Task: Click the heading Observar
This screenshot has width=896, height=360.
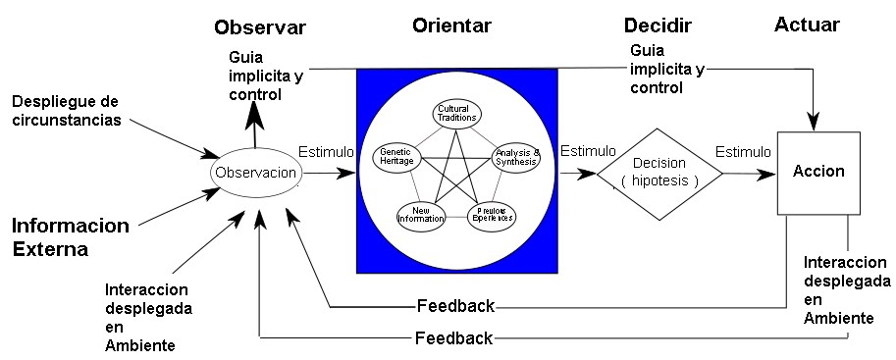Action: (260, 27)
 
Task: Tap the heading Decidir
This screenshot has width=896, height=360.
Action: (658, 26)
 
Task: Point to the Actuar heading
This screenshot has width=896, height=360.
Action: (807, 25)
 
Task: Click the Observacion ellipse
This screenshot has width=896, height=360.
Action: (255, 173)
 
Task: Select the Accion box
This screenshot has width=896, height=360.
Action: (818, 171)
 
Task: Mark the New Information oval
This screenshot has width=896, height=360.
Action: (421, 214)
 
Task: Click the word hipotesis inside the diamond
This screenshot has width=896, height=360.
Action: (659, 181)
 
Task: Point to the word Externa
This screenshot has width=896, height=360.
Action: (50, 249)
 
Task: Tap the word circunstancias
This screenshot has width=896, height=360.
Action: (68, 121)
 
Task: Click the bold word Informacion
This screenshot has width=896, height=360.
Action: (71, 227)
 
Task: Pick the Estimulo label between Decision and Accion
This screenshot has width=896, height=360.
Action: (742, 152)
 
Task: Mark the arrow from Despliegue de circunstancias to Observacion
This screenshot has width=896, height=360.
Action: (177, 141)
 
